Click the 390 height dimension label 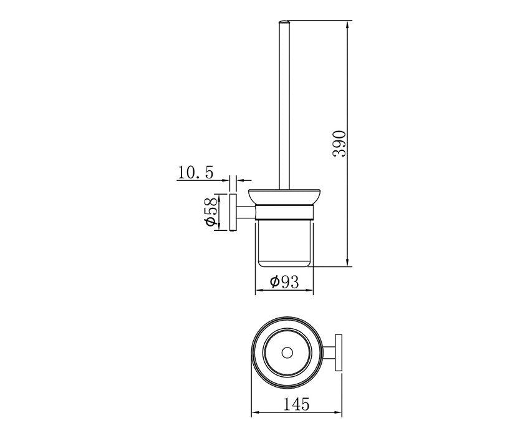pyautogui.click(x=339, y=144)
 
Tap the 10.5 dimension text pyautogui.click(x=195, y=173)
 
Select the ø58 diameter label pyautogui.click(x=210, y=212)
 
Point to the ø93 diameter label pyautogui.click(x=284, y=281)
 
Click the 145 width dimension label pyautogui.click(x=296, y=404)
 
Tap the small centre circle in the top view pyautogui.click(x=287, y=353)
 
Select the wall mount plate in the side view pyautogui.click(x=233, y=213)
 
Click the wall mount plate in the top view pyautogui.click(x=339, y=353)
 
